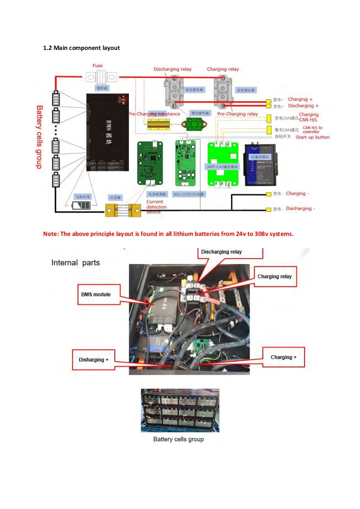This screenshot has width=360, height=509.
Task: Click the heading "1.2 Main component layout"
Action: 81,48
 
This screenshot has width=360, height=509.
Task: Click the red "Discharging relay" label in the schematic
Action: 173,69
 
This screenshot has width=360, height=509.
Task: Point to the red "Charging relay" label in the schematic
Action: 223,69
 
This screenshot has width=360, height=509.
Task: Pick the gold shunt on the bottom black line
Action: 123,210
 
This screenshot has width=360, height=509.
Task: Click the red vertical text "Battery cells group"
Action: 39,137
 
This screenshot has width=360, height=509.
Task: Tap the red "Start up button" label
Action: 313,137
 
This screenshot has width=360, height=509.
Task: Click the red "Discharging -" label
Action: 299,209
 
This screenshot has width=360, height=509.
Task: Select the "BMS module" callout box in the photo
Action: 96,294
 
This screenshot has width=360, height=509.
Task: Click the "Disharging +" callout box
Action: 94,360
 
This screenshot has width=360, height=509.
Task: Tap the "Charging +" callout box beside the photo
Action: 283,357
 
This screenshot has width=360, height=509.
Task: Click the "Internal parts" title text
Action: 75,263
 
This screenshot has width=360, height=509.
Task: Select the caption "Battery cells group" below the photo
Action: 178,439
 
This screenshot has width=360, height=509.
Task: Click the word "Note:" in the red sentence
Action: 51,234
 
